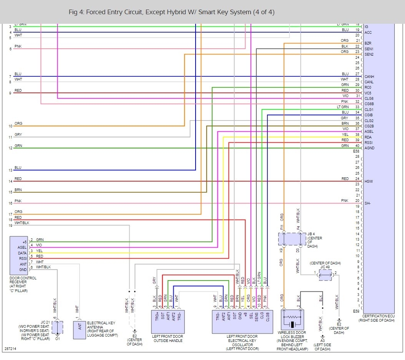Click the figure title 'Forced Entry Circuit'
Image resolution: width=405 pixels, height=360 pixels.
(x=171, y=12)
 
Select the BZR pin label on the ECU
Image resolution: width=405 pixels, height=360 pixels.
(x=368, y=44)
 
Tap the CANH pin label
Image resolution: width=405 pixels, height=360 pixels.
(x=369, y=76)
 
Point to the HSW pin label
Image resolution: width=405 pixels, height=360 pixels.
(x=368, y=181)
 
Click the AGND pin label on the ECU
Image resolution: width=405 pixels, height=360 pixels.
(x=369, y=148)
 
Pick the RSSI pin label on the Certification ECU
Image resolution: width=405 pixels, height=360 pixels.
(x=368, y=142)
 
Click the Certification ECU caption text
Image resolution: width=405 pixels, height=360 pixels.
(x=378, y=318)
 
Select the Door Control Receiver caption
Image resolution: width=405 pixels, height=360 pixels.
(x=23, y=284)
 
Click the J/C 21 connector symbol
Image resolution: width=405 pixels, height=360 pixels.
(x=57, y=327)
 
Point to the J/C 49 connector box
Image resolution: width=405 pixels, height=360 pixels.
(x=325, y=275)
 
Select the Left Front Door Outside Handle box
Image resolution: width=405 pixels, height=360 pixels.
(x=168, y=321)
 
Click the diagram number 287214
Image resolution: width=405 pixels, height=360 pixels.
(x=11, y=349)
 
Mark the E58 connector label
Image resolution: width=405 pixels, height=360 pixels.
(x=356, y=152)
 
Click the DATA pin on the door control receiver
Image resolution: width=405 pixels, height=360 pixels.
(x=22, y=253)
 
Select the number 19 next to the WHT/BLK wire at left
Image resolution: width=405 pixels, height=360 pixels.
(x=10, y=225)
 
